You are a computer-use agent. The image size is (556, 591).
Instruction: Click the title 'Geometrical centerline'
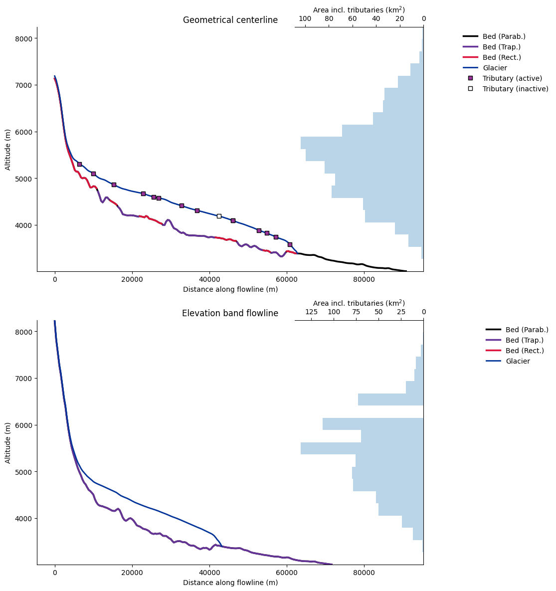point(230,20)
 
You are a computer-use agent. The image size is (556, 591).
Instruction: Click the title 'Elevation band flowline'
point(230,314)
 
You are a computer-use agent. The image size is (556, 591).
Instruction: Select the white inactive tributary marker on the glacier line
point(219,216)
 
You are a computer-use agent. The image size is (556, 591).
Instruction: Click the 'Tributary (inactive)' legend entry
point(515,89)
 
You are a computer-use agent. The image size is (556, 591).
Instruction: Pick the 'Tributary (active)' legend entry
point(512,78)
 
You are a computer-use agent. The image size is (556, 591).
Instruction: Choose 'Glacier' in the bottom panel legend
point(517,361)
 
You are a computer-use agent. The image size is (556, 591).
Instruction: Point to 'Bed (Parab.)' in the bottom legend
point(527,330)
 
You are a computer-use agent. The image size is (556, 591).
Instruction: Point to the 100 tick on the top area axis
point(305,19)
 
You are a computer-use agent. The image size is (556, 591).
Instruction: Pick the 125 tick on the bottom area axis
point(311,312)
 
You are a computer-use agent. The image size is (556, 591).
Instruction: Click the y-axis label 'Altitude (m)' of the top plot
point(8,150)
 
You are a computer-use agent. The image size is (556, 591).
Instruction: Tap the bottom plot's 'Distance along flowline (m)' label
point(230,583)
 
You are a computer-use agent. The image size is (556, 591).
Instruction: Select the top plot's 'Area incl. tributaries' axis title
point(359,10)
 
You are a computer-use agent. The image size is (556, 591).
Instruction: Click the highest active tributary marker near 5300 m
point(79,164)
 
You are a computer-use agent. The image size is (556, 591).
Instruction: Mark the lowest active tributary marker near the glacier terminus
point(290,244)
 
